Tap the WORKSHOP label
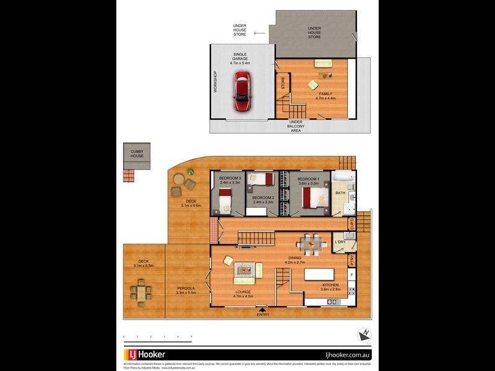click(215, 82)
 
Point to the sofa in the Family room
click(322, 63)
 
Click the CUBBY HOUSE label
click(137, 153)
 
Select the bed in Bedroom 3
click(224, 199)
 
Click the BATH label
click(340, 193)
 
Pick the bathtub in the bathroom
click(343, 178)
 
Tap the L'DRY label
click(340, 242)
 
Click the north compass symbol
click(363, 335)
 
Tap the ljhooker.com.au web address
click(347, 354)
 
